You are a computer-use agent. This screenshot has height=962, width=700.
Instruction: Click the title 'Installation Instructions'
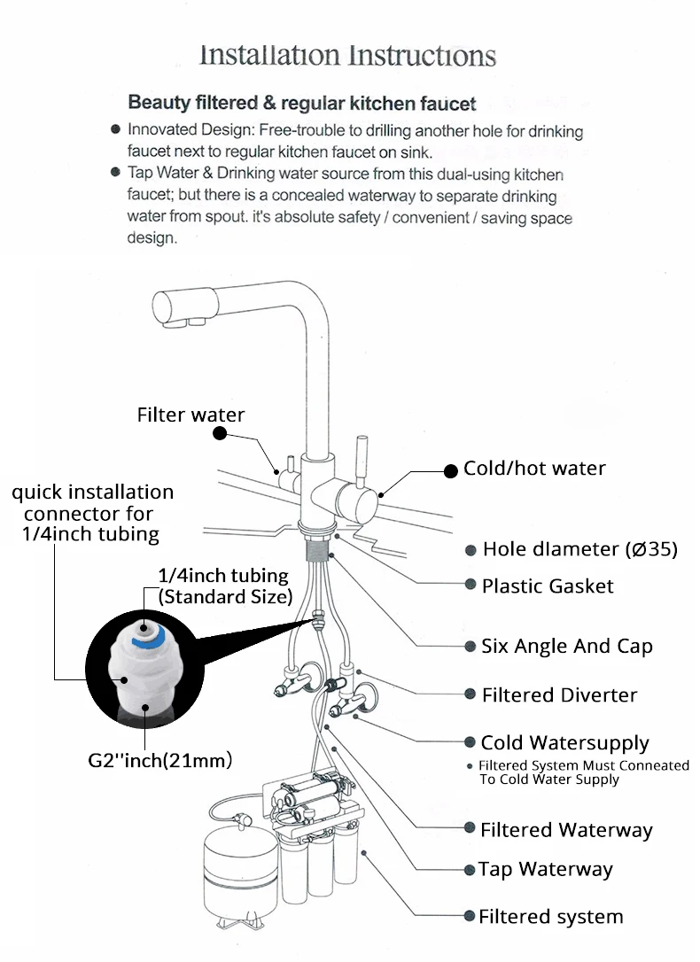click(347, 56)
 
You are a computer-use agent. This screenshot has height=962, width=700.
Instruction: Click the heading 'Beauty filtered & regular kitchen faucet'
click(302, 104)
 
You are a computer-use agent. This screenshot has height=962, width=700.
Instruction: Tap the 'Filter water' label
click(191, 415)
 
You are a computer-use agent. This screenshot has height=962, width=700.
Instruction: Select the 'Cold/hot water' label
click(534, 469)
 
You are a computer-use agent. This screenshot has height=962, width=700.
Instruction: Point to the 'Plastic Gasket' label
click(548, 586)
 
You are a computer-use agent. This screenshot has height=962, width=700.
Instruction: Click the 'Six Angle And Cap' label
click(567, 646)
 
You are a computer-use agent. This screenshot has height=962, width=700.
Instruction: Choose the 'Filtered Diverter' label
click(559, 695)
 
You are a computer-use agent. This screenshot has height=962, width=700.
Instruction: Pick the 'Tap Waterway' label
click(545, 870)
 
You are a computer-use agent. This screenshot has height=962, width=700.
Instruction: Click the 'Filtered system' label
click(550, 917)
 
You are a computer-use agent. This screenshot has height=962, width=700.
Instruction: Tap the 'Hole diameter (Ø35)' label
click(579, 549)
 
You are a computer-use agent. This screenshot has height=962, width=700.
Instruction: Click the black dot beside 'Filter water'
click(221, 433)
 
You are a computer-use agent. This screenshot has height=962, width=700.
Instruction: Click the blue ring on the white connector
click(137, 635)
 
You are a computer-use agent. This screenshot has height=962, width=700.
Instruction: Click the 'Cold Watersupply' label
click(564, 742)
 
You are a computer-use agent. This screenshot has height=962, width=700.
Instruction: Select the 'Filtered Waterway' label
click(566, 830)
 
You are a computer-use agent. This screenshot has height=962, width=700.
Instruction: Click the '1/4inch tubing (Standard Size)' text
click(225, 586)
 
